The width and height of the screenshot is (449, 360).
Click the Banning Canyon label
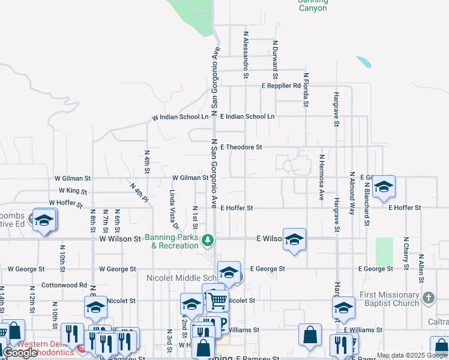coord(313,5)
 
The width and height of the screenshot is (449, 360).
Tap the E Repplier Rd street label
coord(280,86)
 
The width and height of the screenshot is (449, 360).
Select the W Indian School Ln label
coord(181,117)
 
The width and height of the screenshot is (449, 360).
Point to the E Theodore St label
coord(241,147)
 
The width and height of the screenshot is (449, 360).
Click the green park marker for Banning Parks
coord(208,240)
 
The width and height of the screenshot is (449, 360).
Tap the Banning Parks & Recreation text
coord(174,241)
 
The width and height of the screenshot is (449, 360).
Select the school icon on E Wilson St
coord(294,239)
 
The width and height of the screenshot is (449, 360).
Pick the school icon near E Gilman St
coord(384,187)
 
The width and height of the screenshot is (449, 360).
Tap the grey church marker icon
coord(428,298)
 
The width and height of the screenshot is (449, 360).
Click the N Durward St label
coord(275,60)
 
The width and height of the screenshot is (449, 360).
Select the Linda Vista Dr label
coord(173,209)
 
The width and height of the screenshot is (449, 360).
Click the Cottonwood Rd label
coord(64,286)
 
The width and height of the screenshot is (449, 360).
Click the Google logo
coord(20,353)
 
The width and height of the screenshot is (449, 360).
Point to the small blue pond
coord(363,61)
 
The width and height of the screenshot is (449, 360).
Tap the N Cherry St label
coord(406,252)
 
